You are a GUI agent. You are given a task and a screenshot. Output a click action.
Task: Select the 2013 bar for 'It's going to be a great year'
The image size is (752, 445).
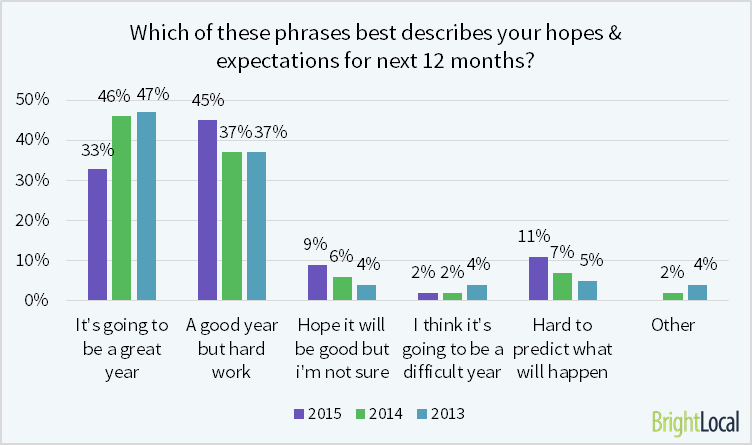coord(146,206)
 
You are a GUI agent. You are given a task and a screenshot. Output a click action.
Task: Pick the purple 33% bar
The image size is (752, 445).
coord(98,234)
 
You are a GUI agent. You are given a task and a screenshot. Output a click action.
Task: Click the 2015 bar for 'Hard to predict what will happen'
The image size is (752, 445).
coord(537,278)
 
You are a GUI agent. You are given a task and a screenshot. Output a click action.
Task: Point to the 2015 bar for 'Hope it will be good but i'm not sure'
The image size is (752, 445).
coord(317,282)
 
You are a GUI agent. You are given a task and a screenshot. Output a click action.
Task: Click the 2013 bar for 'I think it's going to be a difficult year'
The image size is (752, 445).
coord(476,292)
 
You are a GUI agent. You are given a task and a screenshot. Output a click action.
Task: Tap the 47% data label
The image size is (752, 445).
coord(152,94)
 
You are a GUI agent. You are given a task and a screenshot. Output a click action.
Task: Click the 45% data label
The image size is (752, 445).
coord(207,101)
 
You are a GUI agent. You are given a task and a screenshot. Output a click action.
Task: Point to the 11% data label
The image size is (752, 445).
coord(534,237)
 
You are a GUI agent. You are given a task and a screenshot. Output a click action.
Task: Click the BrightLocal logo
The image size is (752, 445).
coord(695,422)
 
